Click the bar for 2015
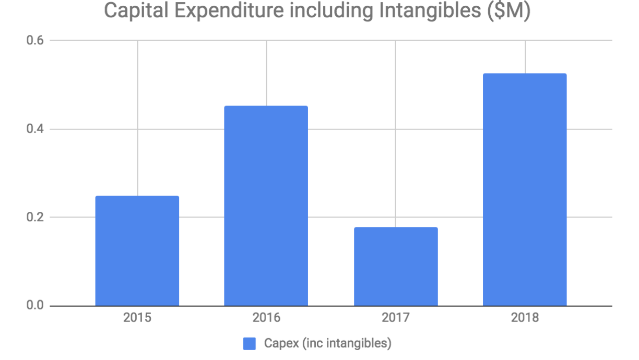pyautogui.click(x=137, y=250)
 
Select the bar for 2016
pyautogui.click(x=266, y=206)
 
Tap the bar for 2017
pyautogui.click(x=396, y=266)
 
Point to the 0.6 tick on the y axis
pyautogui.click(x=34, y=40)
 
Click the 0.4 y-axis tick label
pyautogui.click(x=34, y=129)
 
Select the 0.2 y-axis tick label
pyautogui.click(x=34, y=217)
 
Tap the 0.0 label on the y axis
pyautogui.click(x=34, y=306)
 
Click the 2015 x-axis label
pyautogui.click(x=137, y=318)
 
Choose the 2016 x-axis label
pyautogui.click(x=266, y=318)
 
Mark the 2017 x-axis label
pyautogui.click(x=396, y=318)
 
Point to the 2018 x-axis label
pyautogui.click(x=525, y=318)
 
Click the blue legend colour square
pyautogui.click(x=250, y=343)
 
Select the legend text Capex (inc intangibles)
pyautogui.click(x=327, y=343)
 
